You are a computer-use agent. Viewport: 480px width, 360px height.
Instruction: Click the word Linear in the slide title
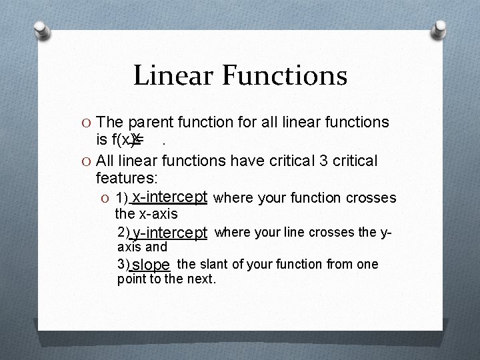click(174, 75)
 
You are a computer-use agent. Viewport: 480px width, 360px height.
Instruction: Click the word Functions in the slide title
click(285, 75)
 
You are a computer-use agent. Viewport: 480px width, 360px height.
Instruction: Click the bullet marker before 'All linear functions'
click(87, 161)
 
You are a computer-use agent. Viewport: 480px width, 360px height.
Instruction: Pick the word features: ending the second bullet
click(127, 179)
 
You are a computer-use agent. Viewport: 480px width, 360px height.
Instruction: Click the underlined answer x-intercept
click(170, 197)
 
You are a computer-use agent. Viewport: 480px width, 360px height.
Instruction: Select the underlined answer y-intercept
click(170, 233)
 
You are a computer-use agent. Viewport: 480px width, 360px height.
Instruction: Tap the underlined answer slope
click(151, 265)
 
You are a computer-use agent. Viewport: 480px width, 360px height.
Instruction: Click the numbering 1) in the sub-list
click(123, 198)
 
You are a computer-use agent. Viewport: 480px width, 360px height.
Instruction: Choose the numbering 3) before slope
click(124, 265)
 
